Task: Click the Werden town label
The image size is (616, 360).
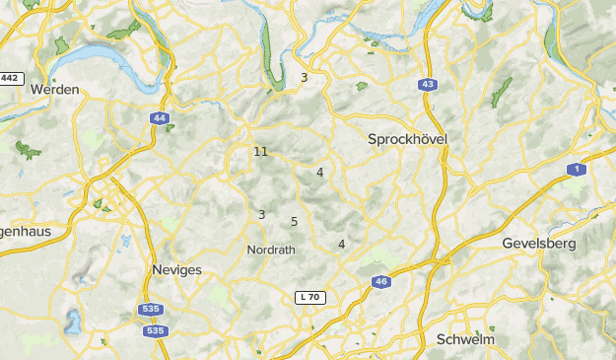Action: tap(54, 89)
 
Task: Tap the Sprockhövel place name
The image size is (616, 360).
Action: tap(407, 140)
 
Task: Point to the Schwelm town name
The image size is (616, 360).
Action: tap(464, 339)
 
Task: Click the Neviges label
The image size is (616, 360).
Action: tap(177, 269)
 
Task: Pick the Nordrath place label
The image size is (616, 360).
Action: tap(271, 250)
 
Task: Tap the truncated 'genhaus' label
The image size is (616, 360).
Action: tap(25, 231)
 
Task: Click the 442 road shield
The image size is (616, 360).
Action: tap(11, 78)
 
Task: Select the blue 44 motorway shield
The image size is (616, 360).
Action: tap(160, 118)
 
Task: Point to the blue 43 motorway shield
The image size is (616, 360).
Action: tap(427, 85)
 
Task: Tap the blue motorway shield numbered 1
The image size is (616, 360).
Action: tap(578, 170)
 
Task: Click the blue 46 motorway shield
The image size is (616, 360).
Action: tap(380, 282)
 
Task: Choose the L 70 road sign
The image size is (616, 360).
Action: tap(309, 297)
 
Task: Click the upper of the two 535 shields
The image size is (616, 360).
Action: tap(151, 310)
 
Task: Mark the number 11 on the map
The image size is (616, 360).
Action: tap(260, 152)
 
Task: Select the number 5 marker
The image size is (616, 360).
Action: tap(295, 221)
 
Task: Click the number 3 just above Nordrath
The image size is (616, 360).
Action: tap(261, 214)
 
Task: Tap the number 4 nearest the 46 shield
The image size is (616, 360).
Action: tap(342, 244)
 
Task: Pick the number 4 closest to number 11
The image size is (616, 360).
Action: tap(320, 172)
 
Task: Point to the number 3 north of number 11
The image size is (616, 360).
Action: tap(305, 77)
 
